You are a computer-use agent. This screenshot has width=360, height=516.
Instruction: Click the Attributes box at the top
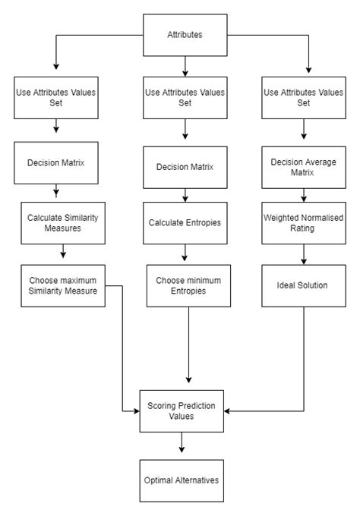click(185, 35)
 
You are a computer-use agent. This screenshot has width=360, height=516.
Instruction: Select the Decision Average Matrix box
click(304, 167)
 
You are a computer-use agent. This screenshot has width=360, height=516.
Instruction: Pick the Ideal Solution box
click(304, 285)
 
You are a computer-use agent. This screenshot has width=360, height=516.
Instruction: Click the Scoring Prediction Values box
click(181, 411)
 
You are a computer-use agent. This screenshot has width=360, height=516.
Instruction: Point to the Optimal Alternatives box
click(181, 480)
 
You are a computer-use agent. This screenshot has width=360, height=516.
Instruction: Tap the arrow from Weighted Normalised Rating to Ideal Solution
click(304, 258)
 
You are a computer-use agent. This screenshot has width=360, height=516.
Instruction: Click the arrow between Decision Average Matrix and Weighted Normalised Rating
click(304, 195)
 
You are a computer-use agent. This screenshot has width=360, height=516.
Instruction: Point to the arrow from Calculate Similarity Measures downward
click(63, 252)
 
